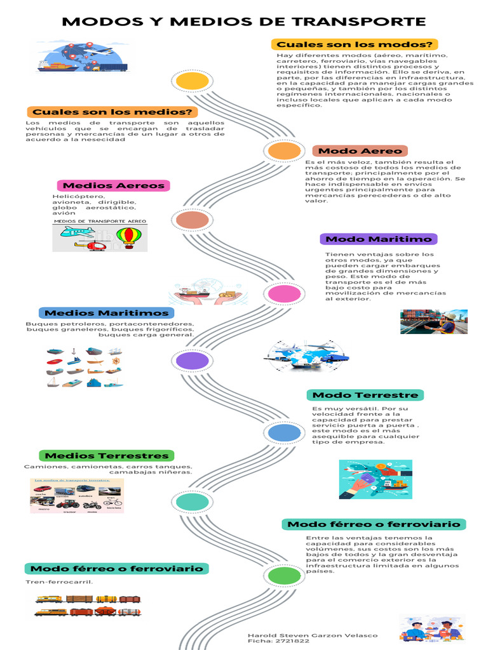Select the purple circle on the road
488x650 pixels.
pyautogui.click(x=192, y=361)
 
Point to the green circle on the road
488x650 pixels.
pyautogui.click(x=280, y=576)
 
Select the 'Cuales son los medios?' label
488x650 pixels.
pyautogui.click(x=112, y=112)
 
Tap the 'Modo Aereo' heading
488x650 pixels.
pyautogui.click(x=360, y=151)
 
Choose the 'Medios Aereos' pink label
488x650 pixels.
pyautogui.click(x=114, y=186)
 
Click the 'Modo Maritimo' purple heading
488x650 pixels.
pyautogui.click(x=378, y=239)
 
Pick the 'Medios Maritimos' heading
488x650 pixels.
pyautogui.click(x=106, y=313)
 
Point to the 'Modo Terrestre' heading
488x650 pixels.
pyautogui.click(x=365, y=395)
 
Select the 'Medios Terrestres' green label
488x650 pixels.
pyautogui.click(x=106, y=456)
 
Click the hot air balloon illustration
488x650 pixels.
pyautogui.click(x=125, y=236)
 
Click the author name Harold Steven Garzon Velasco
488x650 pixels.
pyautogui.click(x=312, y=635)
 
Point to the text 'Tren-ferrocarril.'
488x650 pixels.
pyautogui.click(x=59, y=582)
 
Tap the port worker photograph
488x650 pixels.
pyautogui.click(x=434, y=322)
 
